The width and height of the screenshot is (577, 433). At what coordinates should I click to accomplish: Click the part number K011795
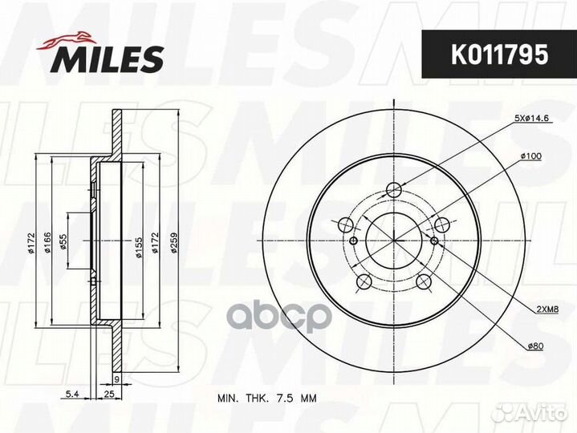click(x=499, y=54)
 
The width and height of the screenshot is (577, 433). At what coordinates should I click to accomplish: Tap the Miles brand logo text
click(x=108, y=59)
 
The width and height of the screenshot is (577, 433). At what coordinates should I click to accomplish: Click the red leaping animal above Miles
click(x=67, y=40)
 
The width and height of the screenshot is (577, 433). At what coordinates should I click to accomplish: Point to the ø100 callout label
click(x=531, y=156)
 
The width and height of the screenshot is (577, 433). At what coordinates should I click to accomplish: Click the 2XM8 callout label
click(x=547, y=310)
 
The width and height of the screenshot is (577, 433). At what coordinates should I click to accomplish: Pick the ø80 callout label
click(x=535, y=346)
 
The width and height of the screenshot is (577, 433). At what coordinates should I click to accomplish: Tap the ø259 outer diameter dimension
click(x=173, y=241)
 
